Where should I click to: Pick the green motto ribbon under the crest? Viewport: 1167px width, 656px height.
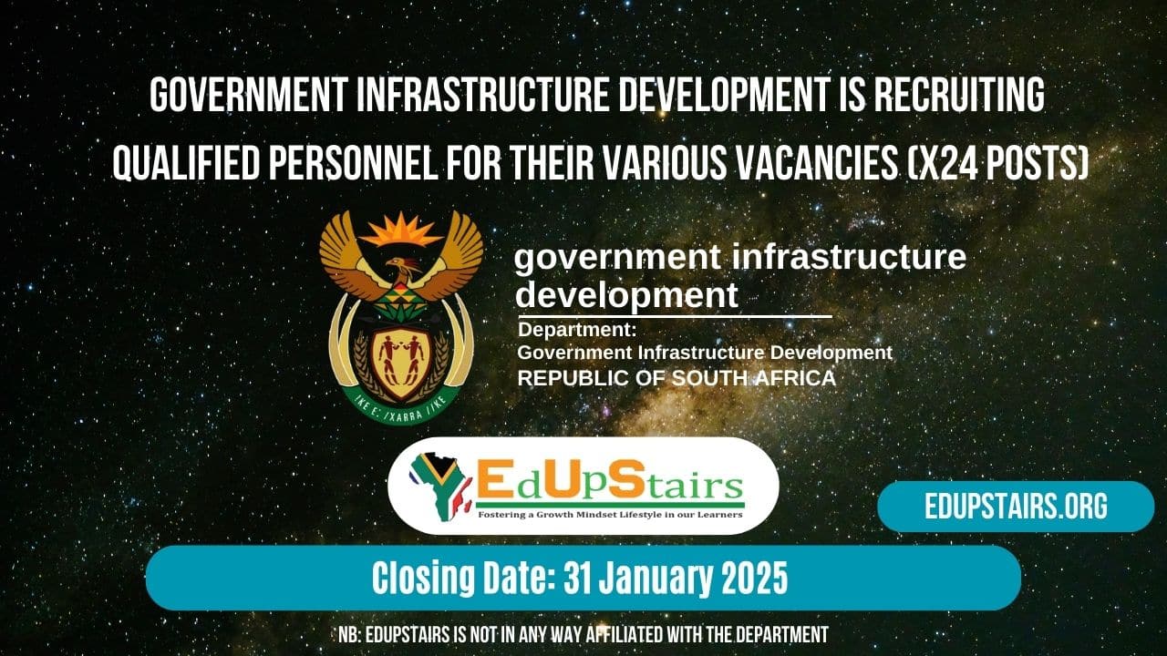point(401,407)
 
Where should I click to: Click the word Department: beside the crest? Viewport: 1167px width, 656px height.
point(577,329)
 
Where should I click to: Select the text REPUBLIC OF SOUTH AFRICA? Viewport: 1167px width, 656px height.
point(676,378)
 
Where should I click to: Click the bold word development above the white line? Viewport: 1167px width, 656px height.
point(626,295)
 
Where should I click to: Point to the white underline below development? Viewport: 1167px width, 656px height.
point(675,317)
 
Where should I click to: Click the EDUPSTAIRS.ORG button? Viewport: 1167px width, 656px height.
point(1016,507)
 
